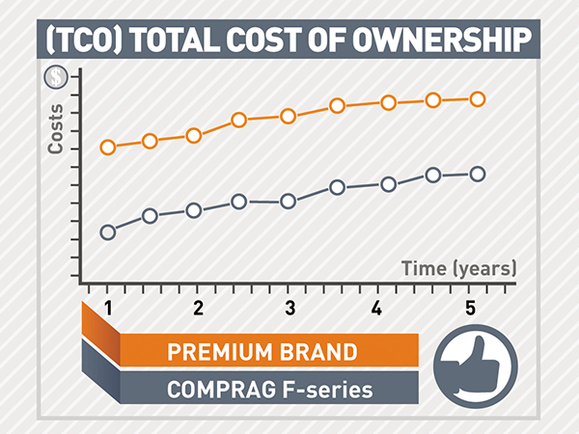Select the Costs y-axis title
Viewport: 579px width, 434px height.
(x=56, y=129)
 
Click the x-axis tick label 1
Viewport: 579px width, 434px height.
(x=108, y=309)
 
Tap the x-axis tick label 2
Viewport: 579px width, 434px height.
(x=198, y=309)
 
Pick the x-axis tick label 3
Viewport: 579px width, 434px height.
(x=289, y=309)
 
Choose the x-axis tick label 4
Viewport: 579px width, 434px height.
(x=378, y=309)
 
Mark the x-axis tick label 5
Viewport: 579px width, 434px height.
(x=470, y=309)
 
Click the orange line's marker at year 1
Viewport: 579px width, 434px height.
(x=108, y=148)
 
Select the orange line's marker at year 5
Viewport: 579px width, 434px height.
(x=477, y=98)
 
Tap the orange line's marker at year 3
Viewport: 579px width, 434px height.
(x=288, y=117)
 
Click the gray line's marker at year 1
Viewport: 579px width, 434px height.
(x=108, y=231)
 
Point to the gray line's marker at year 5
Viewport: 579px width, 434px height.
(x=477, y=174)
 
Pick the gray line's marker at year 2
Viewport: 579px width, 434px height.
(x=194, y=210)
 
